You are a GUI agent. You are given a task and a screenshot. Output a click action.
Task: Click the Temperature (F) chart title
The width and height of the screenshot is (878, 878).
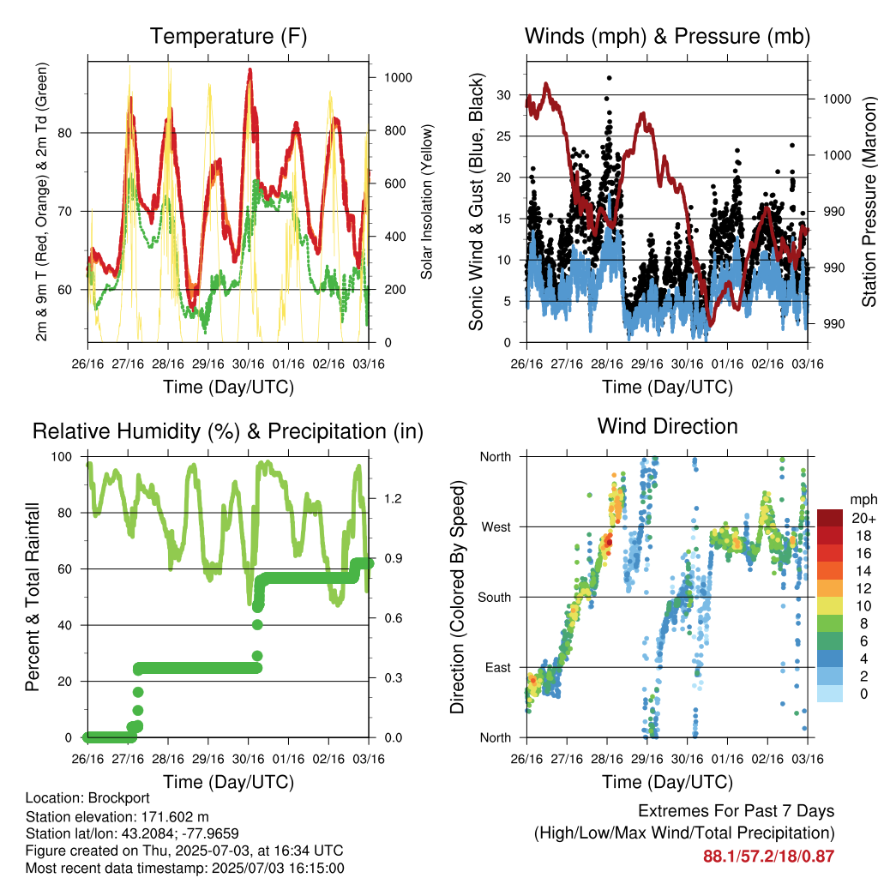(228, 36)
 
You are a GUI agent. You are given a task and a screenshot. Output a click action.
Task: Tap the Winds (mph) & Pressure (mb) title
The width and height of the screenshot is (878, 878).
(667, 36)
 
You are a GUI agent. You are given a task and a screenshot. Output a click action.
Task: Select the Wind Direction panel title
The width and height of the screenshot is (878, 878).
(667, 426)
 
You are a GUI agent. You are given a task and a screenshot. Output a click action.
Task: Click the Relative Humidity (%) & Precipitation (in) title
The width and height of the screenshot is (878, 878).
(228, 432)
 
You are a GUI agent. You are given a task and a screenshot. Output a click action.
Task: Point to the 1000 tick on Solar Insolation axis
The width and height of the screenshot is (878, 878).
(398, 78)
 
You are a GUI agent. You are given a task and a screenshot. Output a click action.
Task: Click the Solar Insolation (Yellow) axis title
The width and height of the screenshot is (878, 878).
(427, 201)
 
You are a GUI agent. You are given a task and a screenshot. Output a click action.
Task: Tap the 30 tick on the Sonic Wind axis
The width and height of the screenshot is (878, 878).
(504, 95)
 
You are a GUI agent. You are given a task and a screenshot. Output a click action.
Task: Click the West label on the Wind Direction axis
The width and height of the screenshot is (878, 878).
(496, 527)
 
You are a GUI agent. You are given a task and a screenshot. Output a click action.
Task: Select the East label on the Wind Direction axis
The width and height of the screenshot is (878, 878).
(498, 667)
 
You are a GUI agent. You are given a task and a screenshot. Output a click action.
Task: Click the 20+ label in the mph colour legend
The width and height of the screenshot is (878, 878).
(863, 518)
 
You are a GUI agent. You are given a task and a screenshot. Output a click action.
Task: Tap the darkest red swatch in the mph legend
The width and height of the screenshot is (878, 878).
(830, 518)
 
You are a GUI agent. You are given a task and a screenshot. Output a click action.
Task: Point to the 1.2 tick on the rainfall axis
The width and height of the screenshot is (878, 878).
(393, 499)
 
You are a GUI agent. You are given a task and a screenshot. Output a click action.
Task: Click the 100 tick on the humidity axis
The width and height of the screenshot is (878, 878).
(62, 457)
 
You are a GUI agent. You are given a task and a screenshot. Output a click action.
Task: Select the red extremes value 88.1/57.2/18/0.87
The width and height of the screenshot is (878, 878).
(769, 857)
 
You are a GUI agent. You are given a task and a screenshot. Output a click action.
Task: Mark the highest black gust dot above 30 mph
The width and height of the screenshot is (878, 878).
(610, 78)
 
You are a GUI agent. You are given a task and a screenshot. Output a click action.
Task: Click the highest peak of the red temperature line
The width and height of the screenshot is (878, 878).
(250, 70)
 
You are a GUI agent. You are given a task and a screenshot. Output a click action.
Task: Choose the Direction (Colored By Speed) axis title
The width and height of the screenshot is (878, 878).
(458, 597)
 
